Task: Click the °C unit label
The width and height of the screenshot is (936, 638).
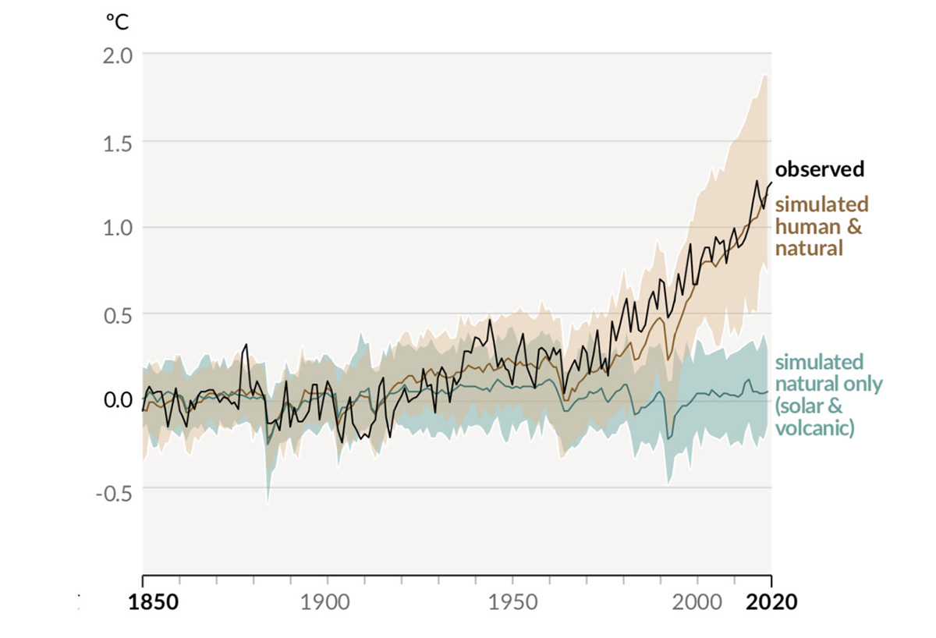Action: (x=119, y=22)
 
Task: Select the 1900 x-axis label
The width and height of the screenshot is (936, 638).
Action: (x=326, y=603)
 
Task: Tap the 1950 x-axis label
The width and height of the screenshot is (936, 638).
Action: (x=512, y=603)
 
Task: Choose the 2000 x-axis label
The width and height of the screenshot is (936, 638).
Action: (x=697, y=603)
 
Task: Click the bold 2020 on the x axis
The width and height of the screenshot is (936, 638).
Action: (x=771, y=603)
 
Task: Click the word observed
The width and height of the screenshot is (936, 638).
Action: (x=819, y=169)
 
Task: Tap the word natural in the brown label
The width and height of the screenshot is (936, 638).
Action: (x=809, y=249)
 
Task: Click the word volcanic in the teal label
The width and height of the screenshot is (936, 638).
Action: (x=814, y=428)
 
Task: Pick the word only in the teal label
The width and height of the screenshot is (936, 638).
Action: (x=865, y=385)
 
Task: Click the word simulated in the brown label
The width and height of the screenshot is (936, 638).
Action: (x=821, y=204)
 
